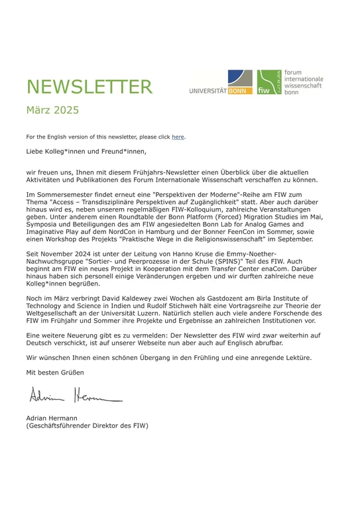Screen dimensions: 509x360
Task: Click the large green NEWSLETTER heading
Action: (x=89, y=86)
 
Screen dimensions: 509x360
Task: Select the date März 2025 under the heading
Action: (x=52, y=110)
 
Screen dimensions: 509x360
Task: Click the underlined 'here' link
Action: (x=178, y=137)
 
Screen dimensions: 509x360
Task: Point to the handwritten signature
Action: (x=74, y=398)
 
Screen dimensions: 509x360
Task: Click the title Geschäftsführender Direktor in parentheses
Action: (x=86, y=426)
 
